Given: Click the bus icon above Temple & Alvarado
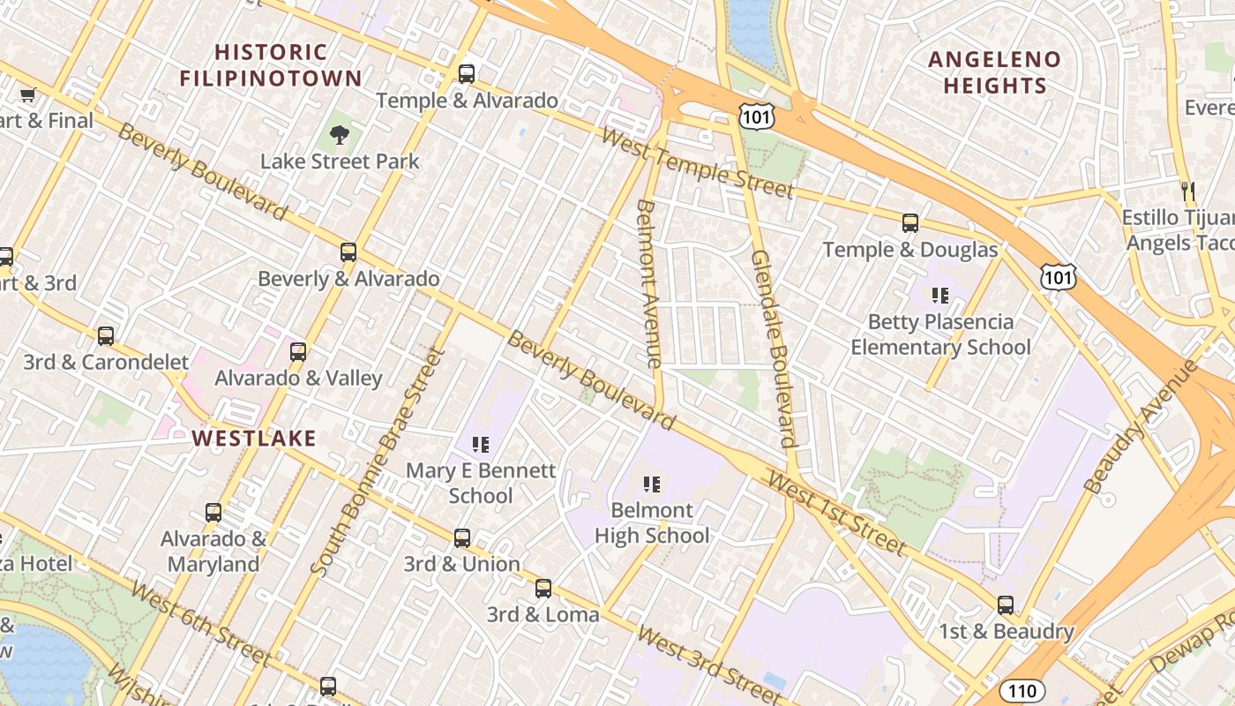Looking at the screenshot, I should point(467,74).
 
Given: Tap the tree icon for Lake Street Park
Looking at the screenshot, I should point(339,135).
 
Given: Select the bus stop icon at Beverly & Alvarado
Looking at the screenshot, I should point(348,252).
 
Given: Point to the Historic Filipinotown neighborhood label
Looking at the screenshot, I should point(271,65).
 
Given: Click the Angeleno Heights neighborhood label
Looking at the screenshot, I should point(994,72).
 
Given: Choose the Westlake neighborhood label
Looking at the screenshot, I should point(254,439).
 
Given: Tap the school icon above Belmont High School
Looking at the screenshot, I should point(652,484).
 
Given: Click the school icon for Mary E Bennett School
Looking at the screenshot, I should point(481,444).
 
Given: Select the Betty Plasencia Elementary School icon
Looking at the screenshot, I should point(940,295).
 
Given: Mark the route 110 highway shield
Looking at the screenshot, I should point(1022,690).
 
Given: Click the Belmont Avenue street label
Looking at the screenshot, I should point(648,283).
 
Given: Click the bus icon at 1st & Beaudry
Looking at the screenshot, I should point(1006,605).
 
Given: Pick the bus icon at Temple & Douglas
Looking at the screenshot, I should point(910,223).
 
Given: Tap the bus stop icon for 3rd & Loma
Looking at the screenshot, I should point(543,589).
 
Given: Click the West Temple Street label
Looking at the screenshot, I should point(697,163).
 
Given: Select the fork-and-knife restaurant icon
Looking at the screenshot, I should point(1188,191).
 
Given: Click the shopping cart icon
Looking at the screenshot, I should point(27,94).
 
